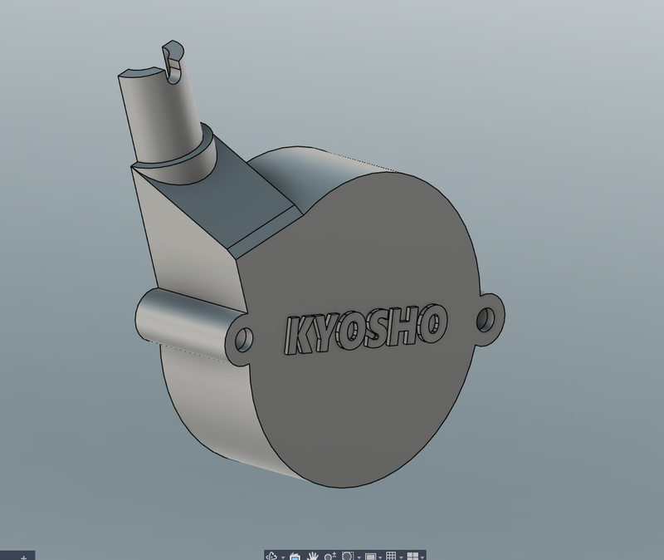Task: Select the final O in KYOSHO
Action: pyautogui.click(x=434, y=322)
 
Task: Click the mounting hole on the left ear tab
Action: pyautogui.click(x=245, y=340)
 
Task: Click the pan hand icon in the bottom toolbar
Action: pyautogui.click(x=312, y=555)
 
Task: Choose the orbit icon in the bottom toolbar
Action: pyautogui.click(x=271, y=555)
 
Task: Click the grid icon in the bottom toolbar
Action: pyautogui.click(x=391, y=555)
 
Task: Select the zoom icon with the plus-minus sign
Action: pyautogui.click(x=330, y=555)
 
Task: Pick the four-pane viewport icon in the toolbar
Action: pyautogui.click(x=412, y=555)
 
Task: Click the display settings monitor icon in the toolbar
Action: pyautogui.click(x=370, y=555)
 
